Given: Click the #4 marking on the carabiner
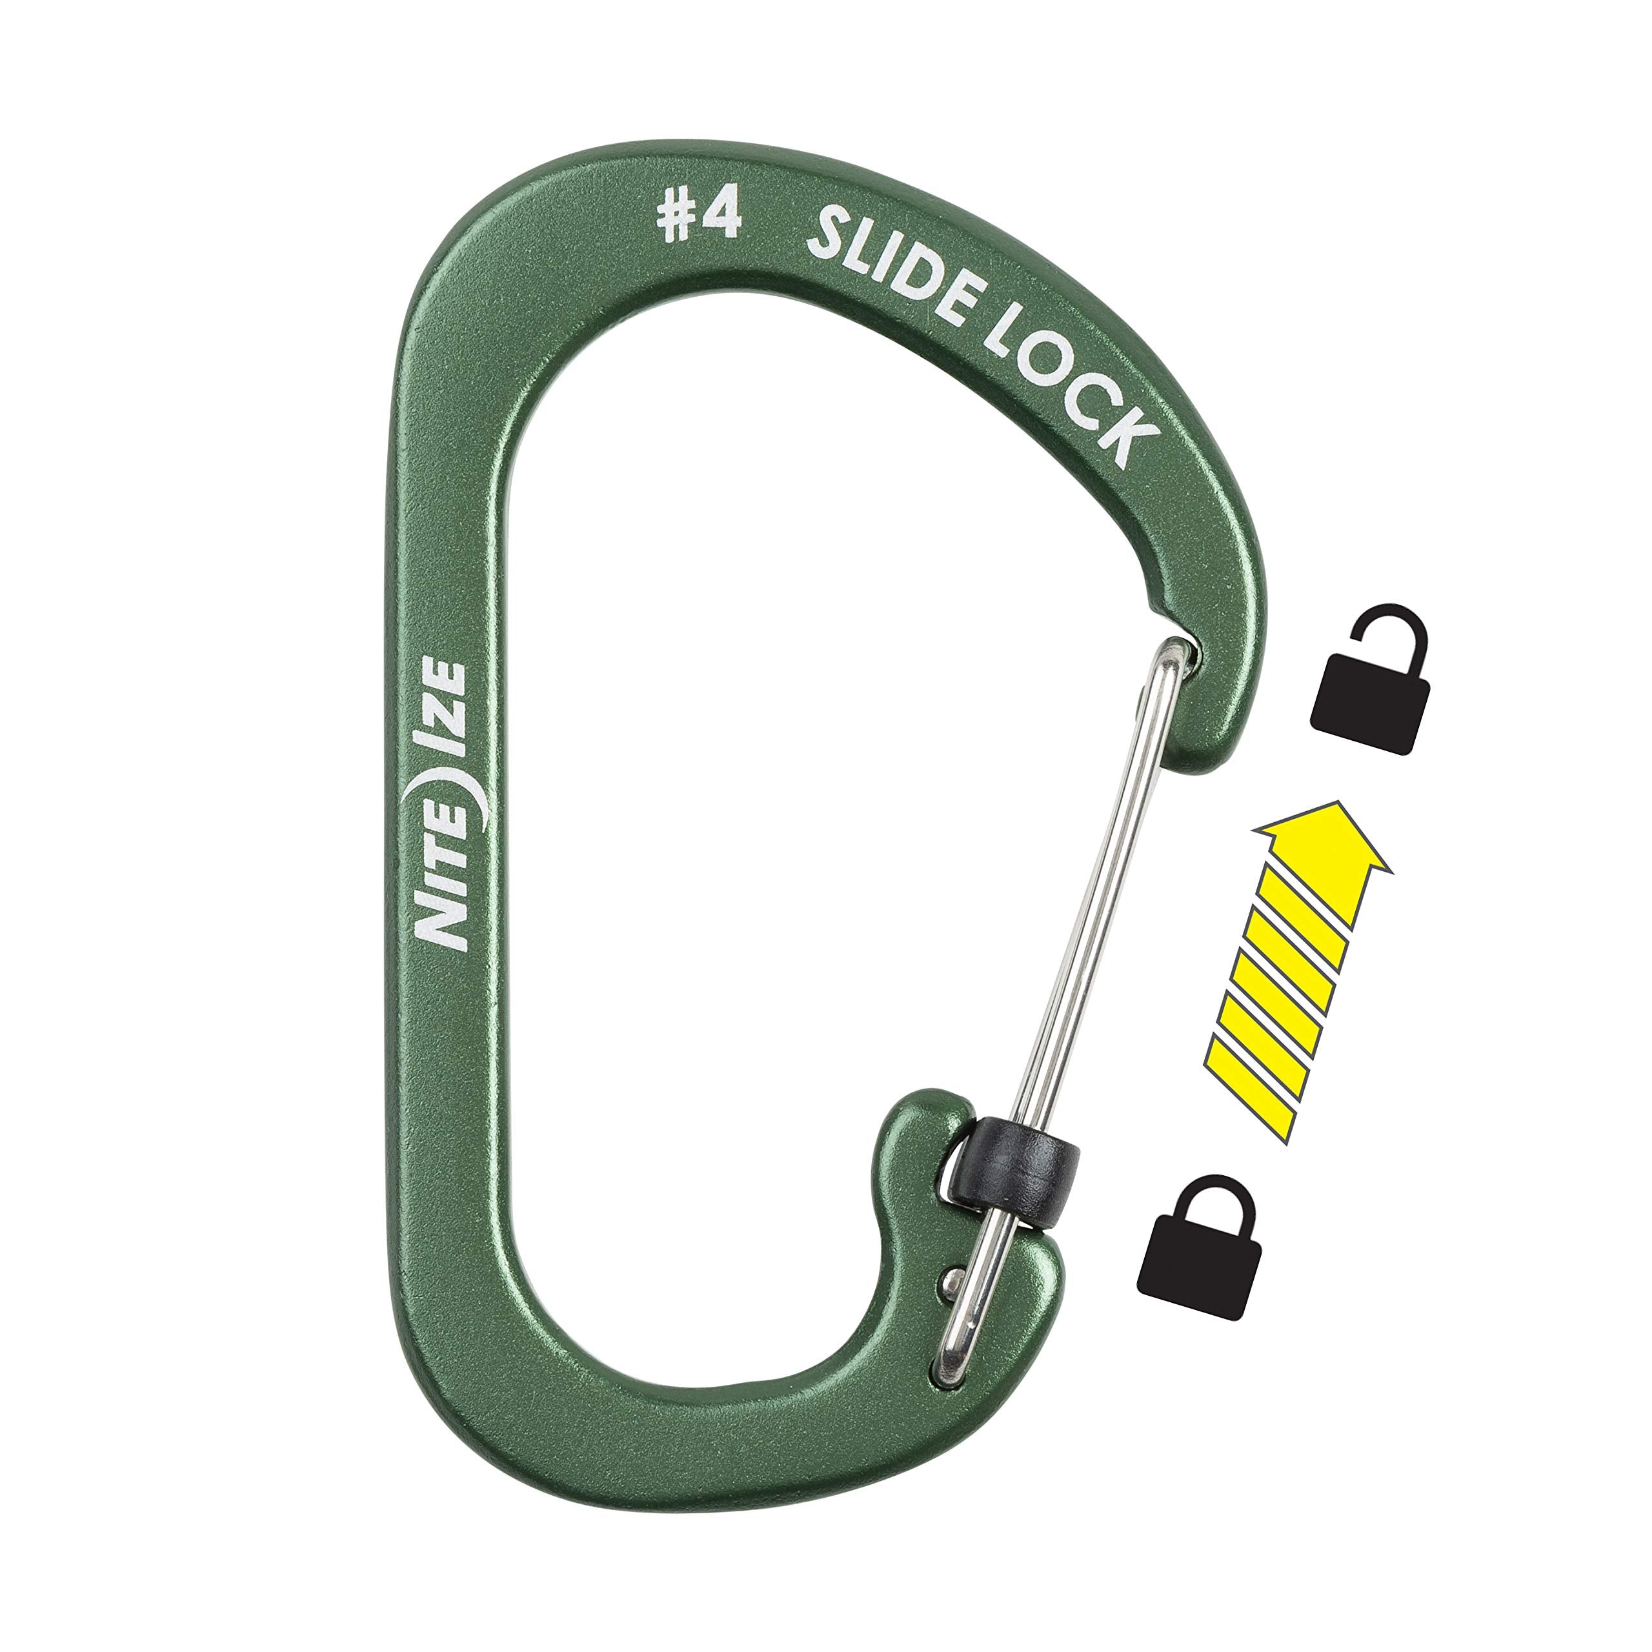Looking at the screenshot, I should tap(698, 217).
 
